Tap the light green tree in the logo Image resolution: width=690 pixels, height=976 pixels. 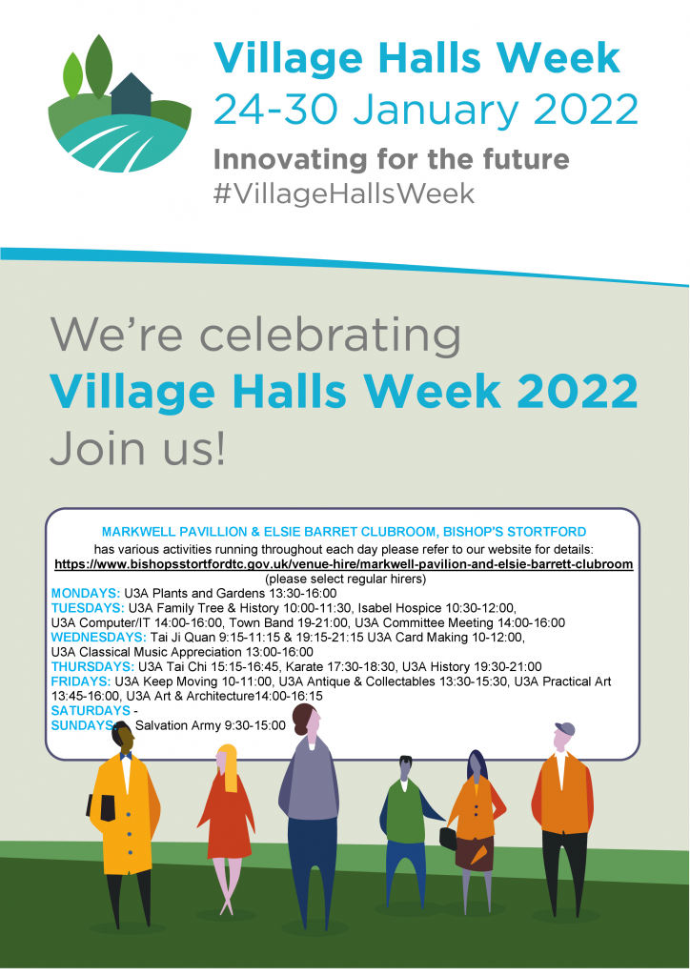click(72, 75)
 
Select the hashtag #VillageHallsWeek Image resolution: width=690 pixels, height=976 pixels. click(343, 193)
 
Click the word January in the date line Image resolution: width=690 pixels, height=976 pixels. click(438, 110)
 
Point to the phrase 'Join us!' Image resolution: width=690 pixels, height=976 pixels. click(137, 448)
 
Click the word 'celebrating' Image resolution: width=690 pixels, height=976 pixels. click(330, 335)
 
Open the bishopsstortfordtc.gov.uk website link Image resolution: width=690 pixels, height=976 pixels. click(343, 564)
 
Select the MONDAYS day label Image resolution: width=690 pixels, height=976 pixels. click(85, 593)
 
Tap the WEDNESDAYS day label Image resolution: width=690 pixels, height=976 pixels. click(98, 638)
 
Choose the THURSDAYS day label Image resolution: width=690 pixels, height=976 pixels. click(92, 666)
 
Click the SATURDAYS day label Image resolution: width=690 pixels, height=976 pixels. click(91, 711)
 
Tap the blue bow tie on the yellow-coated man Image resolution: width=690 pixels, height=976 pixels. click(127, 756)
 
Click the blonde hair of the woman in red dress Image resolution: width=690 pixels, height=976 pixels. click(229, 766)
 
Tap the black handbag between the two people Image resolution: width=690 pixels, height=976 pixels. click(448, 838)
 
